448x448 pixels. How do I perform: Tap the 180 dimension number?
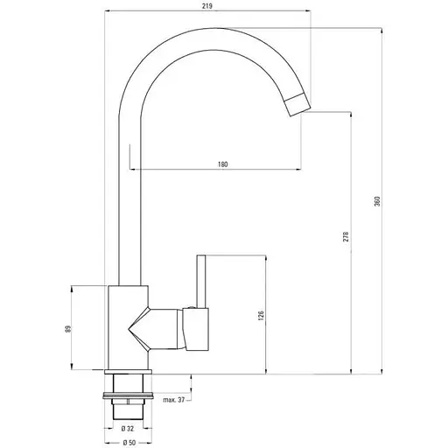222,164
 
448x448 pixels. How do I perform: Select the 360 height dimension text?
377,201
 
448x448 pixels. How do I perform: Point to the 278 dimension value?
346,236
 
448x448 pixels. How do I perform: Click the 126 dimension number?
261,316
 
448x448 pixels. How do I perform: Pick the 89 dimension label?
68,329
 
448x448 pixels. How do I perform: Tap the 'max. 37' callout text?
174,400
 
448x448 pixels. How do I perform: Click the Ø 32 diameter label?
128,429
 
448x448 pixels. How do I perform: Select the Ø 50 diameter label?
129,443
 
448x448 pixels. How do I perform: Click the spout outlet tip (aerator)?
297,104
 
